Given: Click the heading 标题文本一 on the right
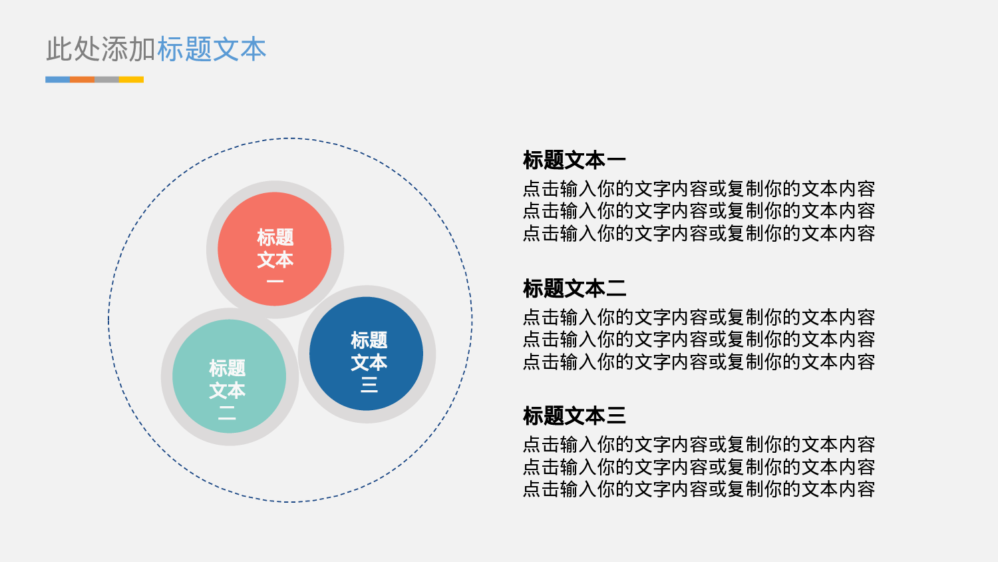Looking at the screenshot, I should click(x=574, y=160).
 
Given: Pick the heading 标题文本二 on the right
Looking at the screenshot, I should click(x=574, y=289).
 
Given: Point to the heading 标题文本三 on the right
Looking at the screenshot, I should click(x=574, y=416).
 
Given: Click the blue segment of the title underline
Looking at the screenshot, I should click(x=58, y=80).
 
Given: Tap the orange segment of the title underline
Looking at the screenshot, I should click(x=83, y=80).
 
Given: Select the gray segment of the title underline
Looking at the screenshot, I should click(x=106, y=80).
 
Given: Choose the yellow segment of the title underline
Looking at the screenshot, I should click(x=131, y=80).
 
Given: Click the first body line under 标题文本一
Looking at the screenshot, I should click(x=699, y=189).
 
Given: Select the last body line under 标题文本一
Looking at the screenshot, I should click(x=699, y=234).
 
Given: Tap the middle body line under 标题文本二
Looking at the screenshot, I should click(x=699, y=340).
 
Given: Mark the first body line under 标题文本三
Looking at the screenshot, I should click(x=699, y=445).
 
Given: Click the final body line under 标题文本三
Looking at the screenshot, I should click(x=699, y=489).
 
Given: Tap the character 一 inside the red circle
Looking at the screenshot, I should click(x=275, y=282).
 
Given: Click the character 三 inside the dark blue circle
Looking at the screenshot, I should click(x=369, y=385).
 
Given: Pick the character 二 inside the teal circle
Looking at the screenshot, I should click(x=227, y=413).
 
